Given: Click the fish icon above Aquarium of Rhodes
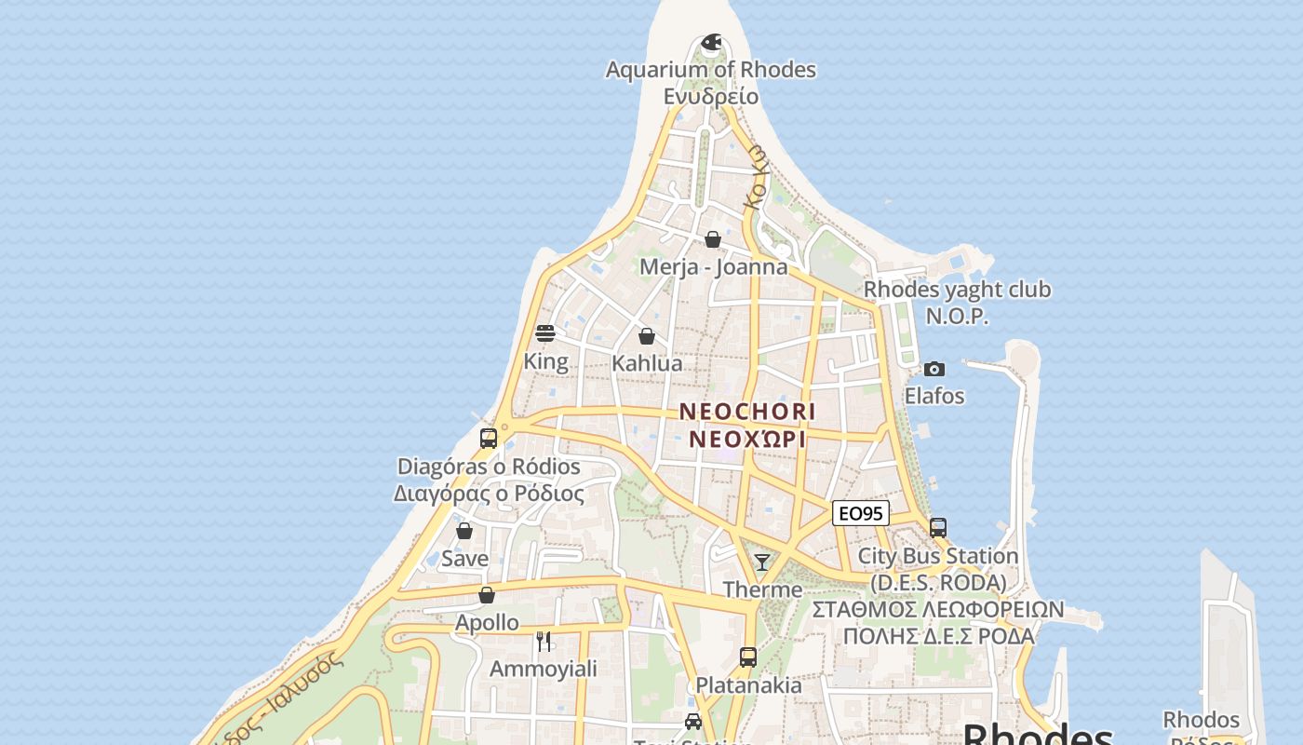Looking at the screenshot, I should point(711,42).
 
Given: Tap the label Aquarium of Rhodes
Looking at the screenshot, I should point(710,70).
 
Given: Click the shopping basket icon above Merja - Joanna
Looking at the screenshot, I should point(713,239).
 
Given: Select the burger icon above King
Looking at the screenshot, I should point(545,333).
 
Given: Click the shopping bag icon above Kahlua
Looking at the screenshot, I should point(647,335).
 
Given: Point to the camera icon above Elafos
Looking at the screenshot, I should point(934,369).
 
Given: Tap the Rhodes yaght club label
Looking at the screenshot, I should point(957,290).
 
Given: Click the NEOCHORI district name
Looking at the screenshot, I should point(747,411).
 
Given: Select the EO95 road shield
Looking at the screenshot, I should point(860,513).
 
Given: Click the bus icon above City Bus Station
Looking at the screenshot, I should point(938,528).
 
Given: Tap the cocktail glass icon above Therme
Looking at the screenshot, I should point(762,562).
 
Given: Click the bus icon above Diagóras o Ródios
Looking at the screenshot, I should point(489,438).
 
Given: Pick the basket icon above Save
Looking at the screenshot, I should point(464,531).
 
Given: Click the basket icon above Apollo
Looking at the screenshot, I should point(487,594).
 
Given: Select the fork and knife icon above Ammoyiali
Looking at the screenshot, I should point(544,641).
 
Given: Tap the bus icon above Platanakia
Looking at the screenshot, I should point(748,657).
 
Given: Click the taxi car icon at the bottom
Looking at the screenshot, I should point(693,721).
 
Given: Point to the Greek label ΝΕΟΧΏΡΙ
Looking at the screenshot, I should point(747,439).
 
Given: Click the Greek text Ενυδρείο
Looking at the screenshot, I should point(710,96).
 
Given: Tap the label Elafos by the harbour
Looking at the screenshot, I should point(934,396).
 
